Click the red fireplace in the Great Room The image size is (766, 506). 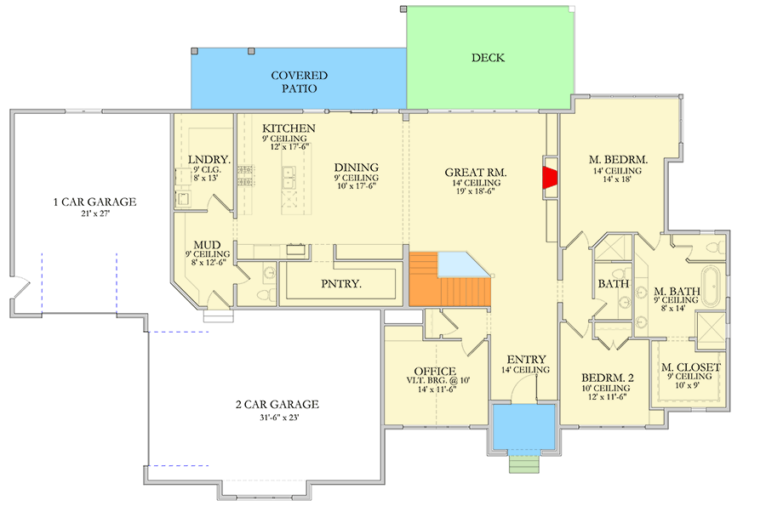point(550,177)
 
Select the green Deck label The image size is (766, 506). point(488,58)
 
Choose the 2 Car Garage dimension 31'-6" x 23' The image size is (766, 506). point(277,418)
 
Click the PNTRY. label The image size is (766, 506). point(340,284)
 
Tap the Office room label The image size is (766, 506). point(435,371)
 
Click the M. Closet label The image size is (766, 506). point(691,367)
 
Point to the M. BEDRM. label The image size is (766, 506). point(619,159)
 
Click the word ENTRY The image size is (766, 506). point(526,359)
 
